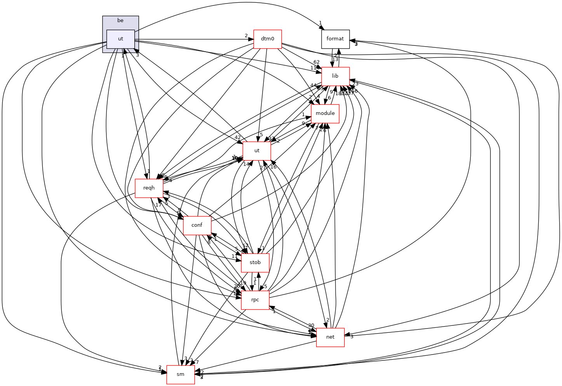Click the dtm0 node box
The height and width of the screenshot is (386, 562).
tap(267, 39)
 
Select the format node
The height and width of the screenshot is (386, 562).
tap(335, 39)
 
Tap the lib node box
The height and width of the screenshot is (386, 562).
tap(335, 76)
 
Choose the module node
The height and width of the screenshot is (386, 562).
tap(325, 113)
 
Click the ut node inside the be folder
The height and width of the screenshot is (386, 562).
tap(120, 39)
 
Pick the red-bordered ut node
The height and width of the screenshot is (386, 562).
tap(257, 151)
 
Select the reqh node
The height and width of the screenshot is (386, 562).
tap(149, 188)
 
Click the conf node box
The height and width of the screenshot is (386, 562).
tap(197, 225)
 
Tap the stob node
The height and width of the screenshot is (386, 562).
tap(255, 263)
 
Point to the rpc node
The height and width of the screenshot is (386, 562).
tap(255, 300)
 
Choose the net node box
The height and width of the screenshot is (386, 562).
tap(330, 337)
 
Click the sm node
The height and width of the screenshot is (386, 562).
tap(181, 374)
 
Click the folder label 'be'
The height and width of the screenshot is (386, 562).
tap(120, 21)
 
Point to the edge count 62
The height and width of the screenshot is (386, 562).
tap(317, 62)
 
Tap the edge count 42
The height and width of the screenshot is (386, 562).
tap(238, 137)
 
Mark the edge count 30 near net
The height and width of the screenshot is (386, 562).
tap(311, 325)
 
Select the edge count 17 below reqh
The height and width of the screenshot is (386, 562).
tap(158, 205)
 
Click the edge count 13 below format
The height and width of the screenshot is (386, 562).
tap(335, 59)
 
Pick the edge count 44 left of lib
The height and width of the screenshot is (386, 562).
tap(313, 85)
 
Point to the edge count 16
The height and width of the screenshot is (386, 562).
tap(273, 167)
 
